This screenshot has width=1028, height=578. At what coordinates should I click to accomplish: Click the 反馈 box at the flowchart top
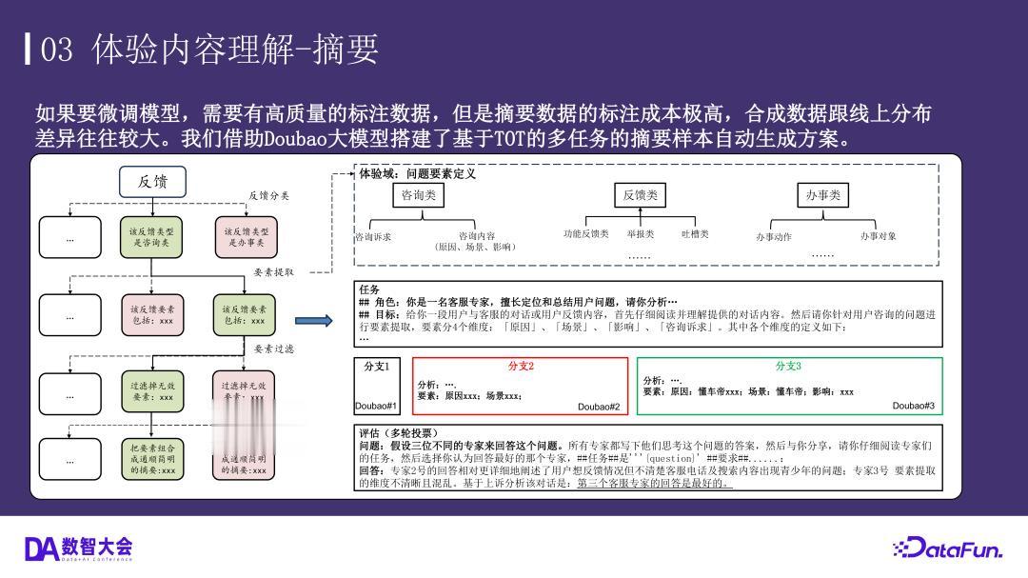152,182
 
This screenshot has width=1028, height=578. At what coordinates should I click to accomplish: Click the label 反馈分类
268,196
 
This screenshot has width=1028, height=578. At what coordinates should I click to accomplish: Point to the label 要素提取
274,272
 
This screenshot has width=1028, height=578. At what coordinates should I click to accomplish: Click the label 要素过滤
274,349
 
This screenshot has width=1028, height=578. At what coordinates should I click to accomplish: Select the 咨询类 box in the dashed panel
419,195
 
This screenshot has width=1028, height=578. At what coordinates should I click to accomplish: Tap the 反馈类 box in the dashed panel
641,195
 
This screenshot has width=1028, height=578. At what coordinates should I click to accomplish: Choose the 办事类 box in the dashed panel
822,195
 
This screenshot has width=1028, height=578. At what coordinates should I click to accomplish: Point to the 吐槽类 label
695,234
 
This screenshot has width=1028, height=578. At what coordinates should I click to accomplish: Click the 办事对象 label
878,236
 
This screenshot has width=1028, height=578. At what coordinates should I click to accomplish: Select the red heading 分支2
521,367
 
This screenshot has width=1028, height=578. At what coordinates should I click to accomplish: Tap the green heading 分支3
789,367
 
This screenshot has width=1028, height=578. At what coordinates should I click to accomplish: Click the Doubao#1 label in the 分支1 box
376,406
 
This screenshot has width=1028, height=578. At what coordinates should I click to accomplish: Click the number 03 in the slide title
56,49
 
